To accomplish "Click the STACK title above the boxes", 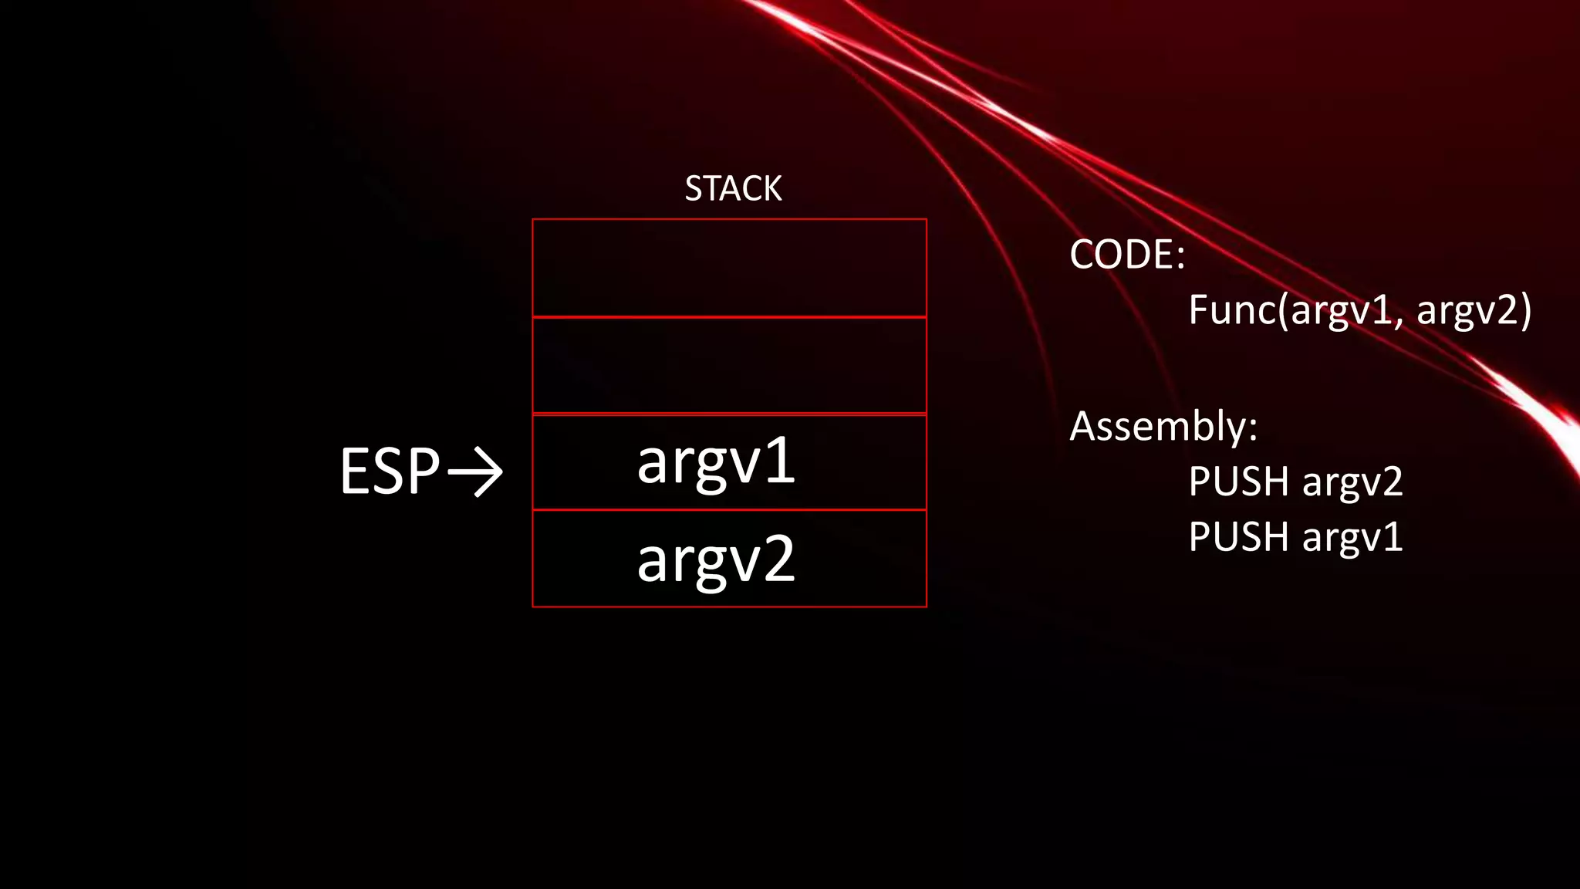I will [x=733, y=188].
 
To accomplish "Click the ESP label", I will [x=390, y=471].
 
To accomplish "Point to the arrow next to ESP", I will [x=475, y=471].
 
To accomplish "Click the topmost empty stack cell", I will [x=729, y=268].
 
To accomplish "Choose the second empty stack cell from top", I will [x=729, y=366].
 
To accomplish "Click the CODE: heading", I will [x=1126, y=254].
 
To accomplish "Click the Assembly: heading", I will [x=1163, y=426].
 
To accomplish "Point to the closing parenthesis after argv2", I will [x=1525, y=311].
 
